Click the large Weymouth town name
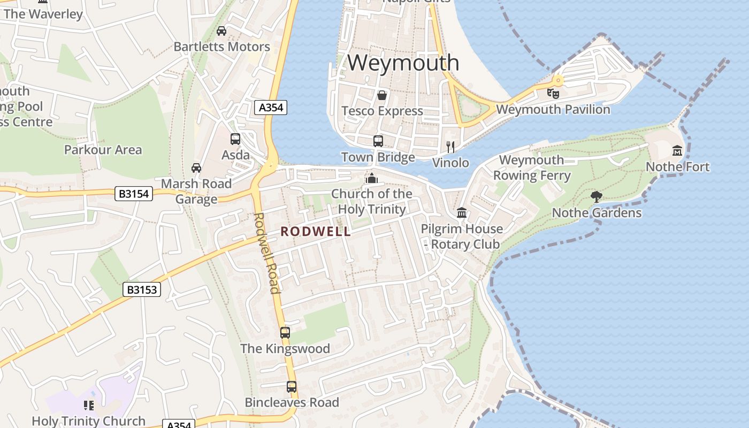[x=403, y=63]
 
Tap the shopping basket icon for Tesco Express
[x=382, y=95]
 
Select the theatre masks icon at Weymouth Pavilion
[x=553, y=93]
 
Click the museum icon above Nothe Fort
[x=677, y=150]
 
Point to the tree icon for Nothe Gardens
[x=597, y=197]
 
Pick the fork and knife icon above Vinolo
[x=450, y=147]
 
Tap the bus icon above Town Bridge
[x=378, y=141]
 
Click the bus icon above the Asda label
[x=235, y=139]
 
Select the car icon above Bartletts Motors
[x=221, y=31]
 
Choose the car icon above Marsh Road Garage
[x=196, y=168]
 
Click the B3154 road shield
[x=134, y=194]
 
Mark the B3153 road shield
[x=142, y=290]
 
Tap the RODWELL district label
[x=316, y=232]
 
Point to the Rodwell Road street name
[x=267, y=253]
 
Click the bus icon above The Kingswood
[x=285, y=332]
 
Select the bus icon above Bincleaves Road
[x=292, y=386]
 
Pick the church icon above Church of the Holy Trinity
[x=371, y=178]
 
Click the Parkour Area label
[x=103, y=150]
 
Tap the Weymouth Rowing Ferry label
[x=531, y=167]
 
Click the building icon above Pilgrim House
[x=462, y=213]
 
